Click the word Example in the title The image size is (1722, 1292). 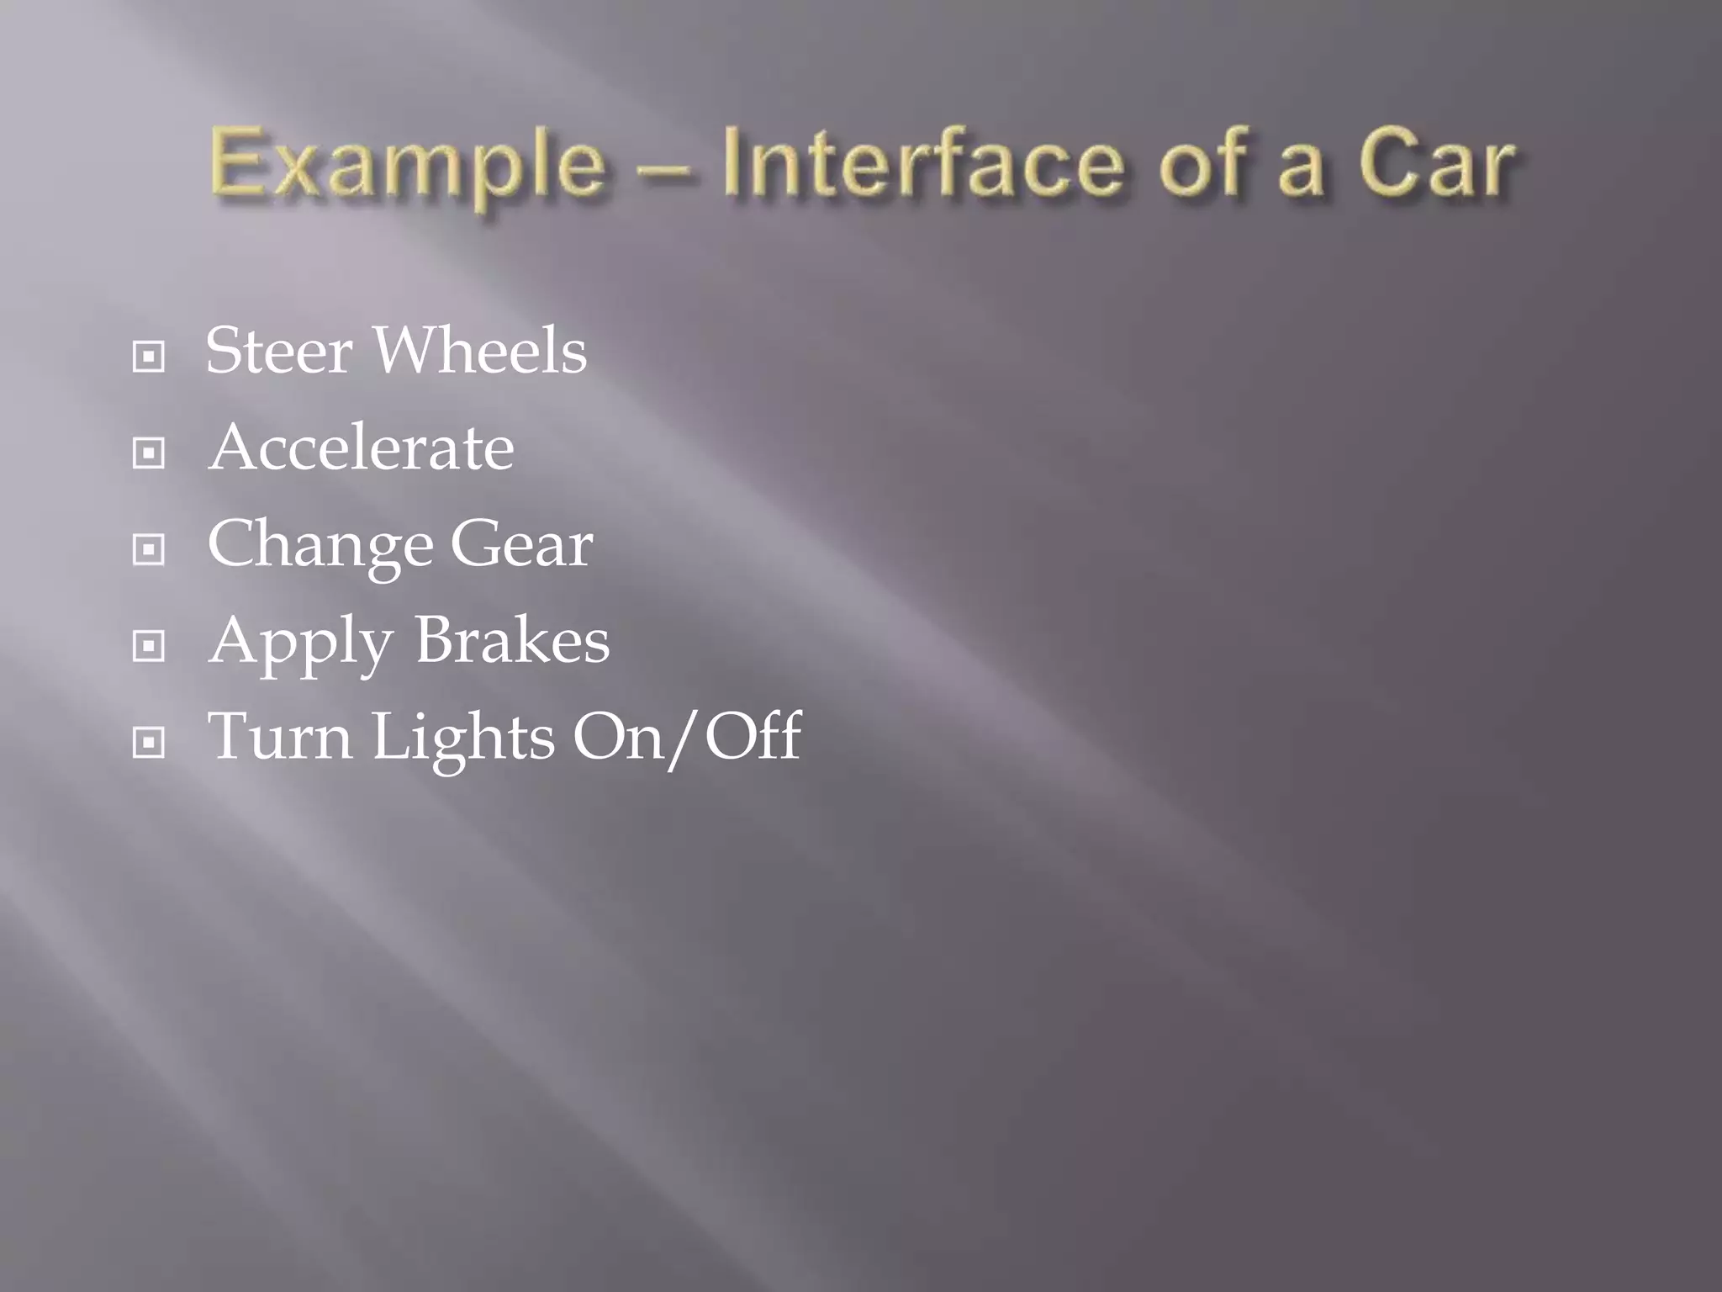click(407, 164)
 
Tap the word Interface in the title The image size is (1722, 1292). click(922, 162)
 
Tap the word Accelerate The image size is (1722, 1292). click(361, 447)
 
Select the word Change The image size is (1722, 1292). click(320, 545)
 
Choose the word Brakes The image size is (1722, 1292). click(512, 640)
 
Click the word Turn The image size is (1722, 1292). click(279, 737)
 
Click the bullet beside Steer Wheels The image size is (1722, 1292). click(149, 357)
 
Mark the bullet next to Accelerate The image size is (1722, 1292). click(149, 453)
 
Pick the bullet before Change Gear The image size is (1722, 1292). click(149, 550)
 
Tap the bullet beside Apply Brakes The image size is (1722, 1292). click(149, 647)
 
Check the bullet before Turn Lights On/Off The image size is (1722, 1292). click(149, 743)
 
